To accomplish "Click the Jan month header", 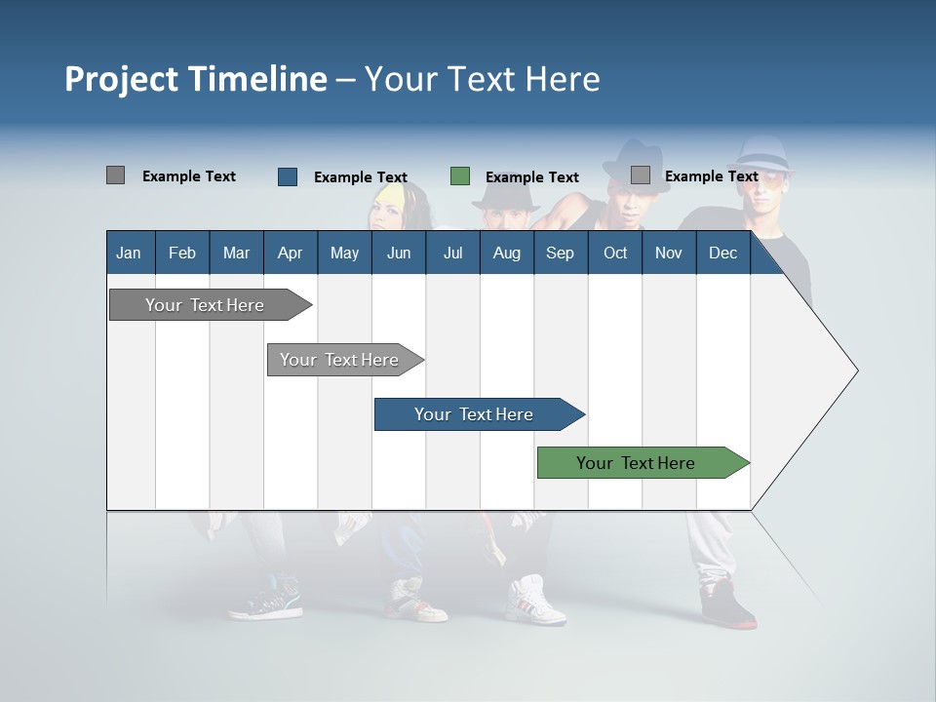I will [x=129, y=253].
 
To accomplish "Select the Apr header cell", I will [x=290, y=253].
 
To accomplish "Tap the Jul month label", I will [x=452, y=253].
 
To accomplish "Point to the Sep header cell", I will [x=560, y=253].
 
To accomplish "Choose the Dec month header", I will [x=722, y=253].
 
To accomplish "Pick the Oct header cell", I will [x=615, y=253].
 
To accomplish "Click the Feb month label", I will [x=182, y=253].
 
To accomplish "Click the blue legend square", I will [x=288, y=176].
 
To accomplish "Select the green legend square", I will [x=460, y=176].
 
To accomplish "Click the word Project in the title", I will [x=122, y=79].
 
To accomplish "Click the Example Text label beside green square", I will [x=531, y=177].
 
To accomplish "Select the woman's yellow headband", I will [x=390, y=195].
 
